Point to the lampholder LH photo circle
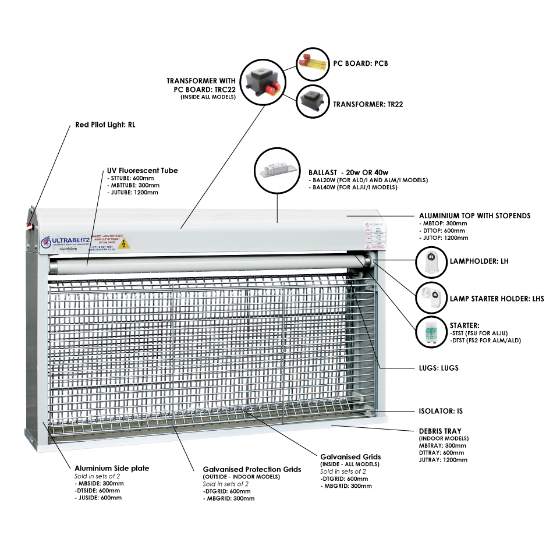point(432,261)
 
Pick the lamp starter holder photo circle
point(431,298)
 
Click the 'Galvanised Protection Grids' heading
point(252,469)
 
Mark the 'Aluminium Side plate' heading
point(112,468)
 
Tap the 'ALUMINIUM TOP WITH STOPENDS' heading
point(474,215)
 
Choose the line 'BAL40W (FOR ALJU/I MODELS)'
point(355,187)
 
